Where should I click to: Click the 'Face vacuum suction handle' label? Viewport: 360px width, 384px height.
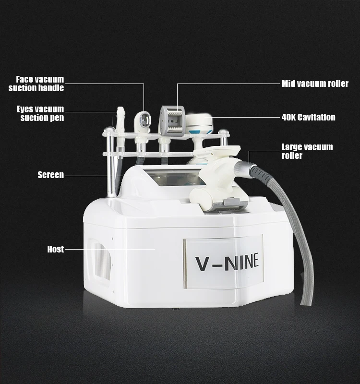click(x=36, y=84)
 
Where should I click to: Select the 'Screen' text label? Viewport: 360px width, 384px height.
click(x=51, y=175)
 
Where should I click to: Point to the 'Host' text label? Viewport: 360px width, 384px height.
click(x=56, y=250)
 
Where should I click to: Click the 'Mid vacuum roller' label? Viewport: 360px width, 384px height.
click(x=315, y=84)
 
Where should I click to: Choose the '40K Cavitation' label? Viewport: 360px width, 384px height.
click(x=308, y=117)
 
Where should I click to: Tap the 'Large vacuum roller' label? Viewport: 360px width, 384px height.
click(x=307, y=151)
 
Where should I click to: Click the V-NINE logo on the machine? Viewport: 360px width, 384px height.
click(x=227, y=262)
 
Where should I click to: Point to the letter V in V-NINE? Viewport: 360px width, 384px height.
click(x=202, y=263)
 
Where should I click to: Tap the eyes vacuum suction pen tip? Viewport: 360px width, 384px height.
click(x=120, y=115)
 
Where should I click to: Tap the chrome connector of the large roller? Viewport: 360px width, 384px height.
click(x=251, y=168)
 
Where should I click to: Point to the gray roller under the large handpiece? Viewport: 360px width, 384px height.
click(x=225, y=204)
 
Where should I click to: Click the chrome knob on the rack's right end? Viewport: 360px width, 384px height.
click(x=223, y=132)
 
